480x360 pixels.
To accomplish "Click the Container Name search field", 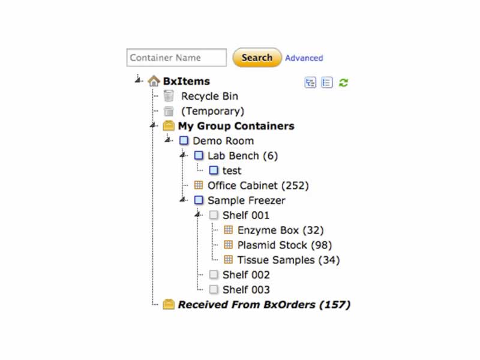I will [x=176, y=58].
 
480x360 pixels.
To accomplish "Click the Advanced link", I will [x=304, y=58].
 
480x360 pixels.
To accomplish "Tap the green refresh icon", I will [x=343, y=83].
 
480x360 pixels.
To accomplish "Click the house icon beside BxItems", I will [x=154, y=81].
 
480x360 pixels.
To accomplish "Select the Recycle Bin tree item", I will [x=209, y=96].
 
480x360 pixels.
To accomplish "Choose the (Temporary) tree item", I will [x=212, y=111].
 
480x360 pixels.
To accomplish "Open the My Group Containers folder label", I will [x=236, y=126].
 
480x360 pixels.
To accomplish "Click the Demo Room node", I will [x=223, y=141].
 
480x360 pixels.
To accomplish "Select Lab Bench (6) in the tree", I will [x=242, y=156].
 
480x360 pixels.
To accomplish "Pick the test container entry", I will [x=232, y=170].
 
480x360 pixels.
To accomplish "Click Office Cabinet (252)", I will [x=258, y=185].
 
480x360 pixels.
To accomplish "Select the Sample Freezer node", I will [x=246, y=200].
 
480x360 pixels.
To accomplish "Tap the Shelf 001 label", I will [x=246, y=215].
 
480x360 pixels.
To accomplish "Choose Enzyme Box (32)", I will [x=281, y=230].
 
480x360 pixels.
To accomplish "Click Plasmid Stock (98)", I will [x=284, y=245].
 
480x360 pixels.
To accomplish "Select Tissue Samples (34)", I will [x=288, y=260].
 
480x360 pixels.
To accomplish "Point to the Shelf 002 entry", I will [x=246, y=275].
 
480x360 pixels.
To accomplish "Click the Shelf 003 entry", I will [x=246, y=290].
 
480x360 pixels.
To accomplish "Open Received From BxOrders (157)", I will [x=264, y=305].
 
